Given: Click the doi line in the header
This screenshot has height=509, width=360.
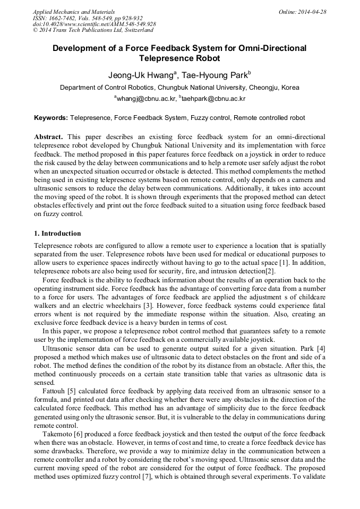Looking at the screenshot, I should (94, 24).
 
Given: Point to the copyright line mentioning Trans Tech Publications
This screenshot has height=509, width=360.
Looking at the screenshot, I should (93, 30).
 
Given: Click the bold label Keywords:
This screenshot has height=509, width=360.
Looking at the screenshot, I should (51, 117).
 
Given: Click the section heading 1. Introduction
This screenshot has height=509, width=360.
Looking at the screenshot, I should (57, 234).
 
